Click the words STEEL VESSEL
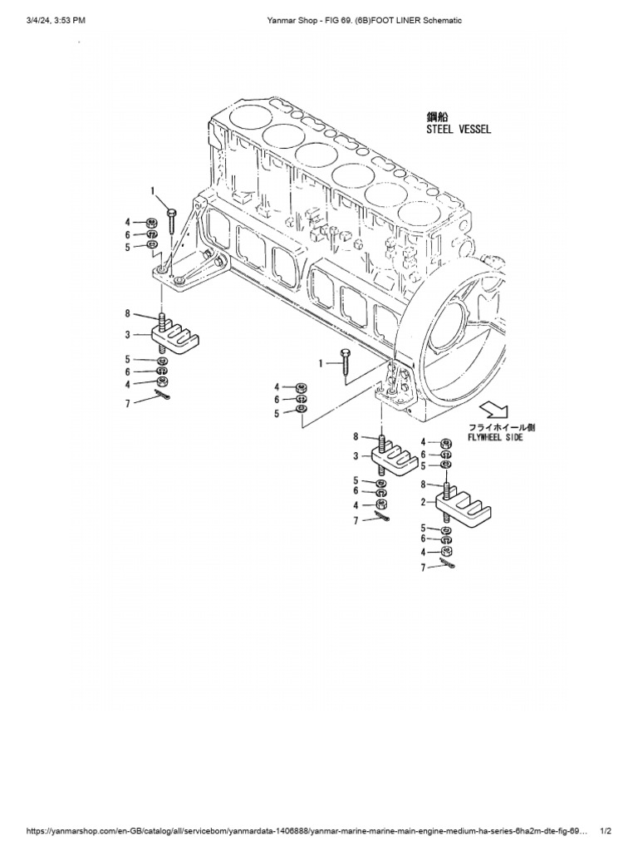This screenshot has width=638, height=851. tap(459, 129)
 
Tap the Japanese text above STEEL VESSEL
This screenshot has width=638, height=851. tap(437, 116)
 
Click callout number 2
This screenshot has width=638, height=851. tap(424, 503)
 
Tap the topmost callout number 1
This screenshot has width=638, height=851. tap(153, 191)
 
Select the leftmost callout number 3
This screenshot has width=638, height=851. tap(128, 334)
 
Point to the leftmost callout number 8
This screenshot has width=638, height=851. tap(128, 313)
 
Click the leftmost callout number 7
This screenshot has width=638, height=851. tap(128, 402)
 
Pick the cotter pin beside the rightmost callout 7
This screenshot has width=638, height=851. tap(449, 565)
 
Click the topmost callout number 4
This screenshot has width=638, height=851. tap(128, 222)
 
